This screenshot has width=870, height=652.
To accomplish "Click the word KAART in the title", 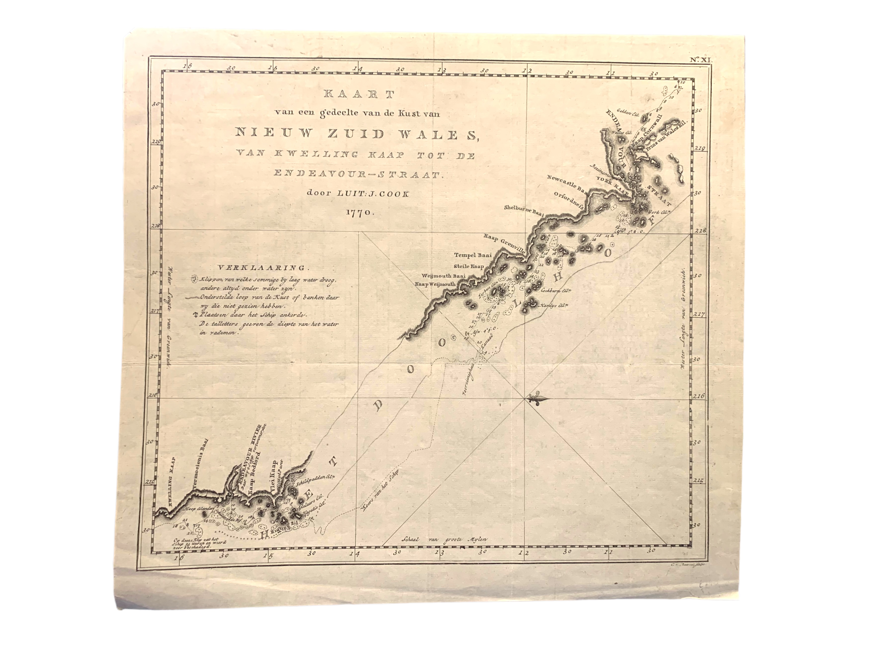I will pos(358,94).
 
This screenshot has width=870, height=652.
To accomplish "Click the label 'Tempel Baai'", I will pos(473,255).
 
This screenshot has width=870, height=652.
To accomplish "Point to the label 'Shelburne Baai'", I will pos(524,211).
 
